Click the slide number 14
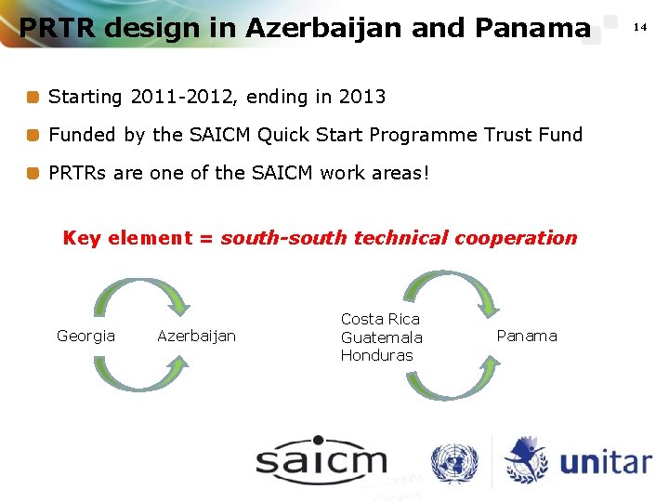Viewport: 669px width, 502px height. tap(640, 27)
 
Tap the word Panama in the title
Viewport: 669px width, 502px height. tap(531, 28)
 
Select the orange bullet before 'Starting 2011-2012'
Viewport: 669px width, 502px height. tap(33, 97)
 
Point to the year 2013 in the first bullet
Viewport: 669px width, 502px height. tap(362, 97)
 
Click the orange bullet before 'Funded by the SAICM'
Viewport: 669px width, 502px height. tap(33, 135)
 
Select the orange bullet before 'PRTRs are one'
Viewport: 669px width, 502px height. tap(33, 173)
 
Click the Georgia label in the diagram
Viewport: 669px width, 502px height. tap(85, 336)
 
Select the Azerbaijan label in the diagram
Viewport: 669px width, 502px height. tap(196, 336)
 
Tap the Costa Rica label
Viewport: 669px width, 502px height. tap(380, 319)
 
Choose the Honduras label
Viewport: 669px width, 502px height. tap(376, 355)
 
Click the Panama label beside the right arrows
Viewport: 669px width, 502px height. tap(527, 336)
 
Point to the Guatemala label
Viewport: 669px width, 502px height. tap(381, 337)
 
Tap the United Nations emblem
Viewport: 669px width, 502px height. tap(453, 462)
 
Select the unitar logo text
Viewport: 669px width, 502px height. tap(605, 462)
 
